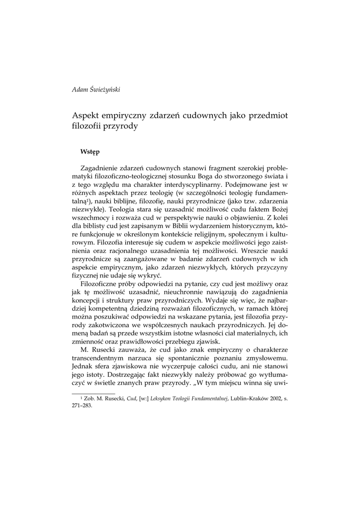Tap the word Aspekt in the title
coord(88,115)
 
